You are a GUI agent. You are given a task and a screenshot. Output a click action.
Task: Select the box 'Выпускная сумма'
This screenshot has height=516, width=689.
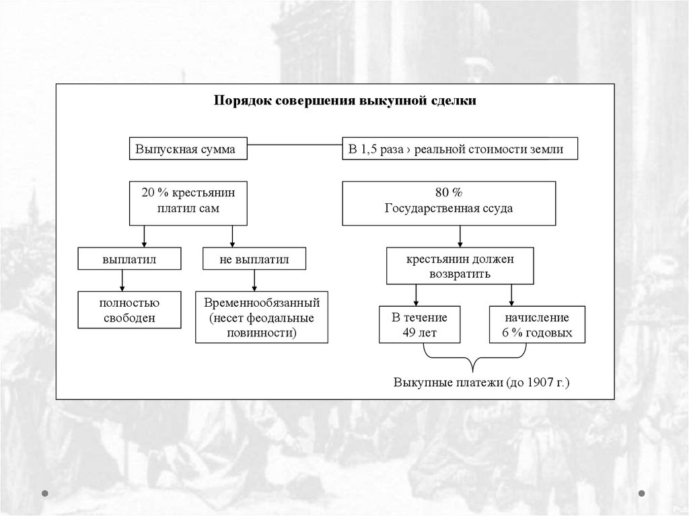[186, 149]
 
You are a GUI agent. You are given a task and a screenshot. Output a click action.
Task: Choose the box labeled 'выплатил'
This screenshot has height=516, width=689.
[121, 259]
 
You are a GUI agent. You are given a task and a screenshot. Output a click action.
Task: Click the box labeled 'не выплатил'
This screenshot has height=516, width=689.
[254, 259]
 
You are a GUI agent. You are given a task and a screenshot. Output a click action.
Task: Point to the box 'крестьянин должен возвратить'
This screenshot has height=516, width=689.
[460, 266]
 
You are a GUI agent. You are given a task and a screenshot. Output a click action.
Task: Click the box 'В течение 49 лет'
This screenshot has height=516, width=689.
[410, 325]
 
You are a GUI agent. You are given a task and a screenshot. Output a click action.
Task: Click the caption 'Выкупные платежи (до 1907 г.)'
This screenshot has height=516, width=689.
[481, 383]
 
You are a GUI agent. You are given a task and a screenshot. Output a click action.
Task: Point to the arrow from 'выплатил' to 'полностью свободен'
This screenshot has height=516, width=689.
[121, 280]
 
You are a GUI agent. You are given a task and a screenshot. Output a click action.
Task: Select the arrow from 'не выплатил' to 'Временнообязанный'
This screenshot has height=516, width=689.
[253, 280]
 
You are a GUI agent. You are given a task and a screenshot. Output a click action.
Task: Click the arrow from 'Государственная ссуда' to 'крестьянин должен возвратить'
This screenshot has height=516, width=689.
[460, 236]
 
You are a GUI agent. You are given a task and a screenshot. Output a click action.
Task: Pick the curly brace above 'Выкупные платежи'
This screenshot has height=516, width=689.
[473, 360]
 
